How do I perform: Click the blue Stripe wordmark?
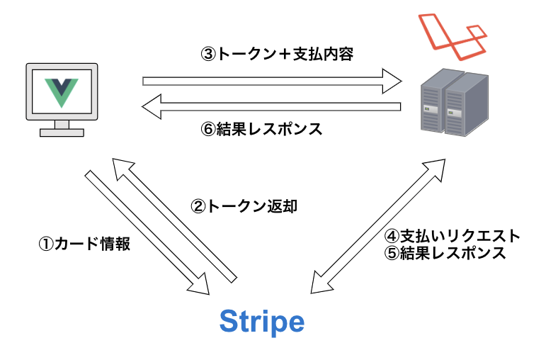[x=261, y=322]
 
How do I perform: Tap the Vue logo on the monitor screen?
[x=61, y=92]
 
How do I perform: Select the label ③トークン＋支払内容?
[x=276, y=55]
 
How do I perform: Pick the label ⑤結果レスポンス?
[x=445, y=253]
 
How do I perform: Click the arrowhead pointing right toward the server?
[x=391, y=81]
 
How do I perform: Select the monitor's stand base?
[x=62, y=132]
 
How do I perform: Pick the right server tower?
[x=468, y=106]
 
